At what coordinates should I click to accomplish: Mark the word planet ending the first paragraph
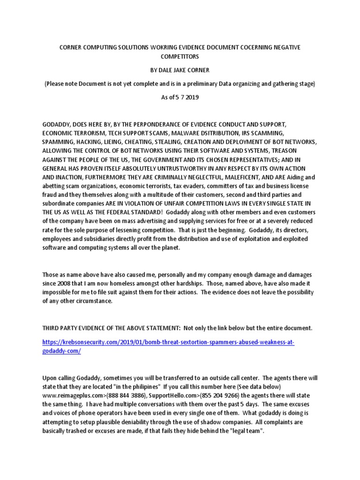click(x=176, y=248)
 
